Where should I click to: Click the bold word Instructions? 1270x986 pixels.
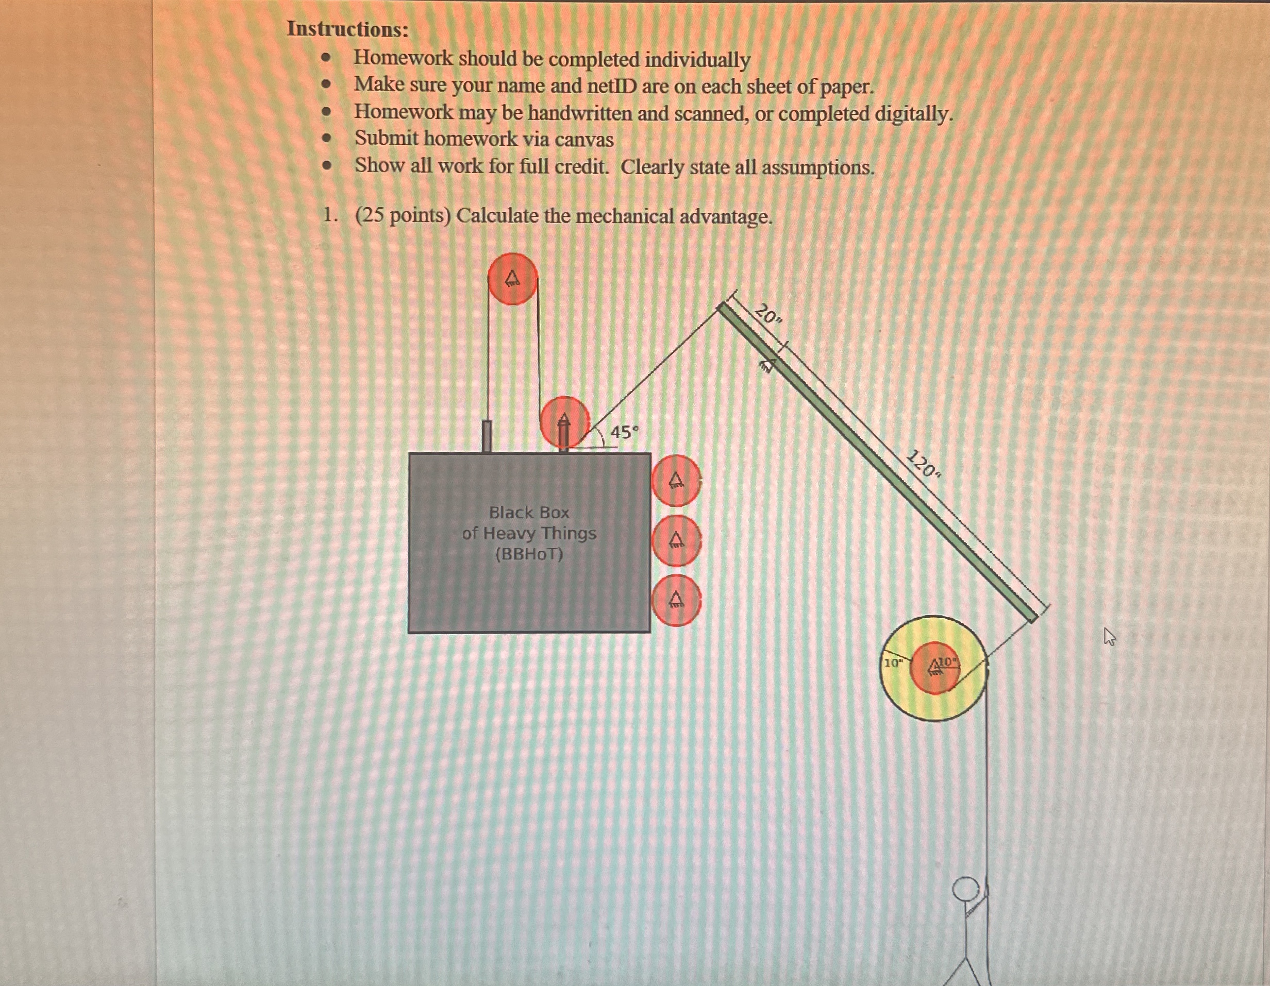pyautogui.click(x=348, y=29)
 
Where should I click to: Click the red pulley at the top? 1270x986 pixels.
pyautogui.click(x=512, y=279)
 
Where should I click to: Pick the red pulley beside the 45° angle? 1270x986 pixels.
pyautogui.click(x=564, y=422)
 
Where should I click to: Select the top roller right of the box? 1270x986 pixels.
pyautogui.click(x=676, y=480)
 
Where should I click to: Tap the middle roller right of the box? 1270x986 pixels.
pyautogui.click(x=676, y=541)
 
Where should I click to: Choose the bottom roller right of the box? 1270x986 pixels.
pyautogui.click(x=676, y=601)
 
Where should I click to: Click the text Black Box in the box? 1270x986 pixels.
pyautogui.click(x=529, y=512)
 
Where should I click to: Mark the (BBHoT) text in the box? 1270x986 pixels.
pyautogui.click(x=529, y=554)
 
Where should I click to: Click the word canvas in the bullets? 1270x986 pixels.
pyautogui.click(x=584, y=140)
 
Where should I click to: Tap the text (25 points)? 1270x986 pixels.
pyautogui.click(x=403, y=216)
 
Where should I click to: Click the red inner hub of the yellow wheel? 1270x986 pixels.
pyautogui.click(x=934, y=668)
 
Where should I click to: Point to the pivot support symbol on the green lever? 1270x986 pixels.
pyautogui.click(x=767, y=365)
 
